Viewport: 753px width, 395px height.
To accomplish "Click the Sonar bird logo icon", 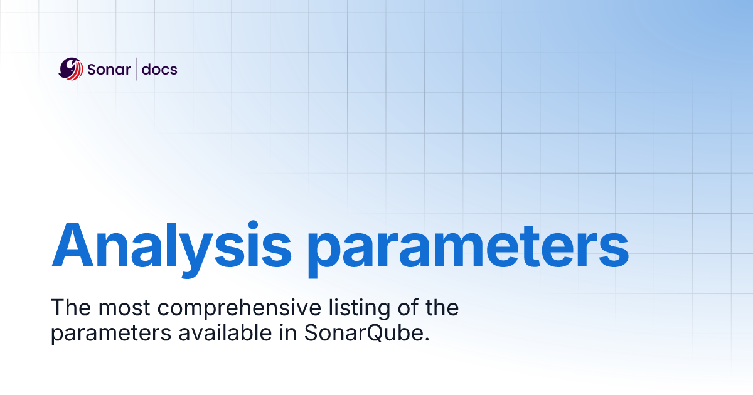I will (70, 68).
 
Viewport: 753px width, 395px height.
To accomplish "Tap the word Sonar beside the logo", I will (109, 69).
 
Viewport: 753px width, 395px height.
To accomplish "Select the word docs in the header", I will (159, 69).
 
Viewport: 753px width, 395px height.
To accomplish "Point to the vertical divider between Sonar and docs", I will (137, 69).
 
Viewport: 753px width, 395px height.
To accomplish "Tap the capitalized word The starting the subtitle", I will (67, 308).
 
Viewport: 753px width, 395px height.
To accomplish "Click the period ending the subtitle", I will (427, 339).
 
